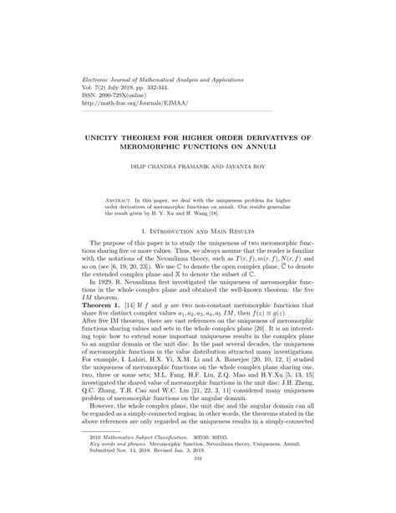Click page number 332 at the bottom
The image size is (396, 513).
pyautogui.click(x=198, y=493)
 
